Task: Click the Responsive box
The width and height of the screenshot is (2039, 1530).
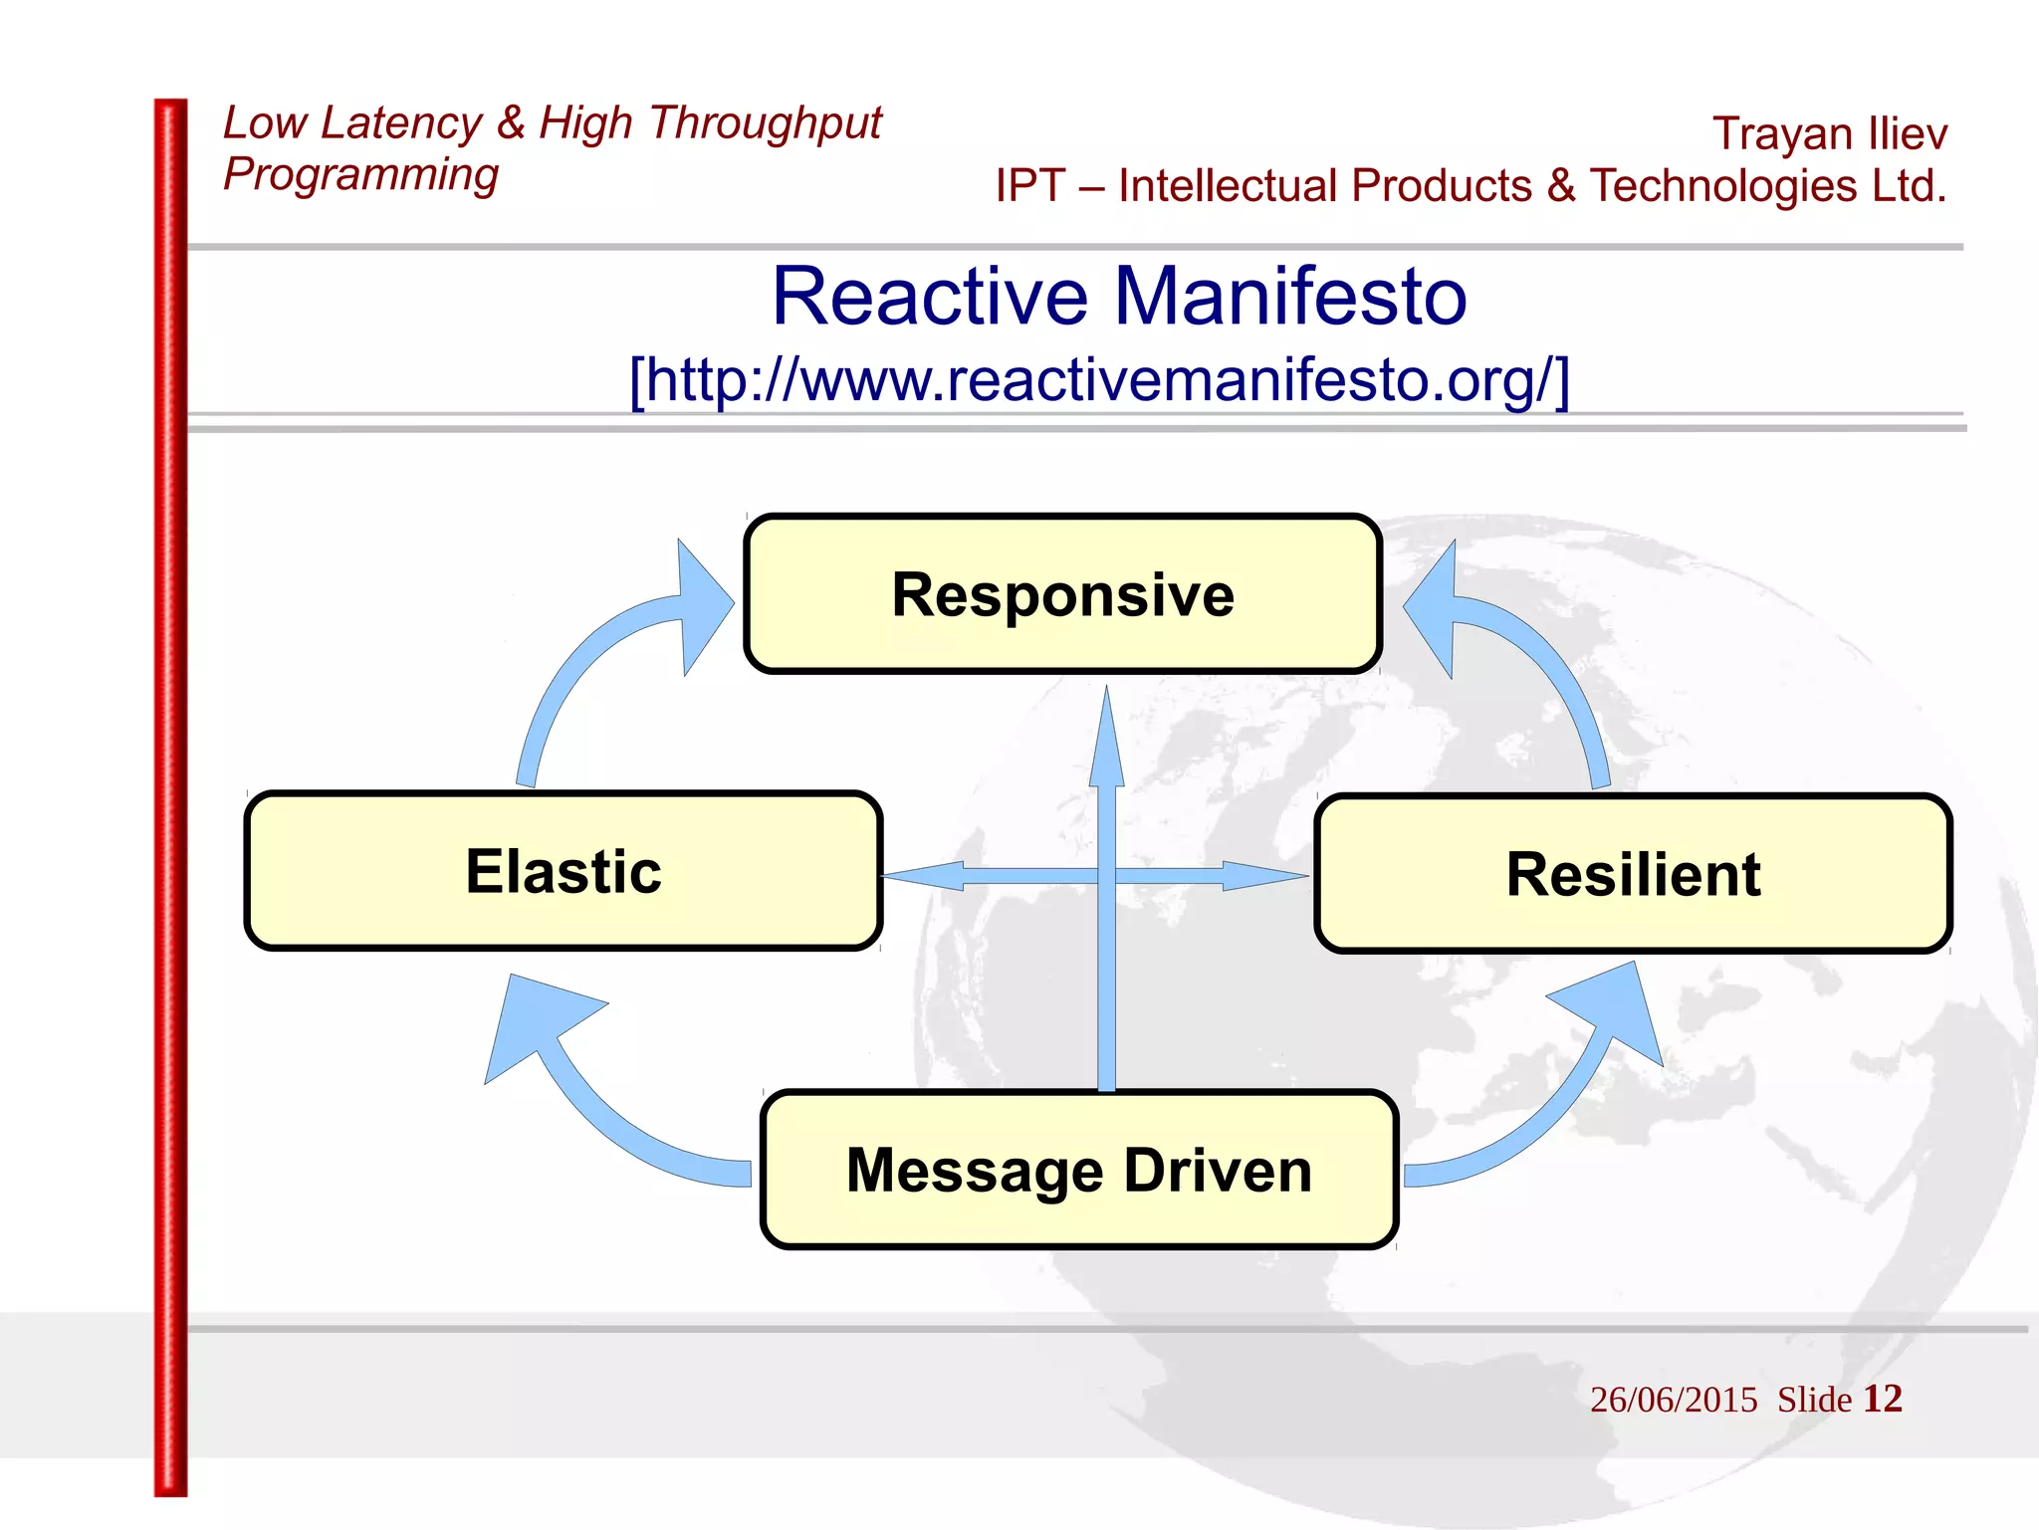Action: point(1062,594)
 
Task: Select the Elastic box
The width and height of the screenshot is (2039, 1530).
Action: point(564,871)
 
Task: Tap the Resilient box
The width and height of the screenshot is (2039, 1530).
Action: point(1633,874)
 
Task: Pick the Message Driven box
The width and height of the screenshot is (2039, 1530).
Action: point(1079,1170)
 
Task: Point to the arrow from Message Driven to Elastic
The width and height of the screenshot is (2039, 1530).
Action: point(597,1105)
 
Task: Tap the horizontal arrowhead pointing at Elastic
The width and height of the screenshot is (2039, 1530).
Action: point(926,876)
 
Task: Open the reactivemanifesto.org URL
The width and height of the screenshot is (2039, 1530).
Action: point(1099,380)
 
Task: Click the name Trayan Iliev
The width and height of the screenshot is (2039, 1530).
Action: point(1829,133)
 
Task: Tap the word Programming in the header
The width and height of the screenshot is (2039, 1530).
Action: point(360,174)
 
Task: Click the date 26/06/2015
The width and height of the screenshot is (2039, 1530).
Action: point(1674,1400)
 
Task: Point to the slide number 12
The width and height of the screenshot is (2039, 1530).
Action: point(1882,1399)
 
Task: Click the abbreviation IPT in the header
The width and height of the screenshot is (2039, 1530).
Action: point(1029,186)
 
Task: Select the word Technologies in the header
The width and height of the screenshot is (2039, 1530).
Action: point(1722,186)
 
